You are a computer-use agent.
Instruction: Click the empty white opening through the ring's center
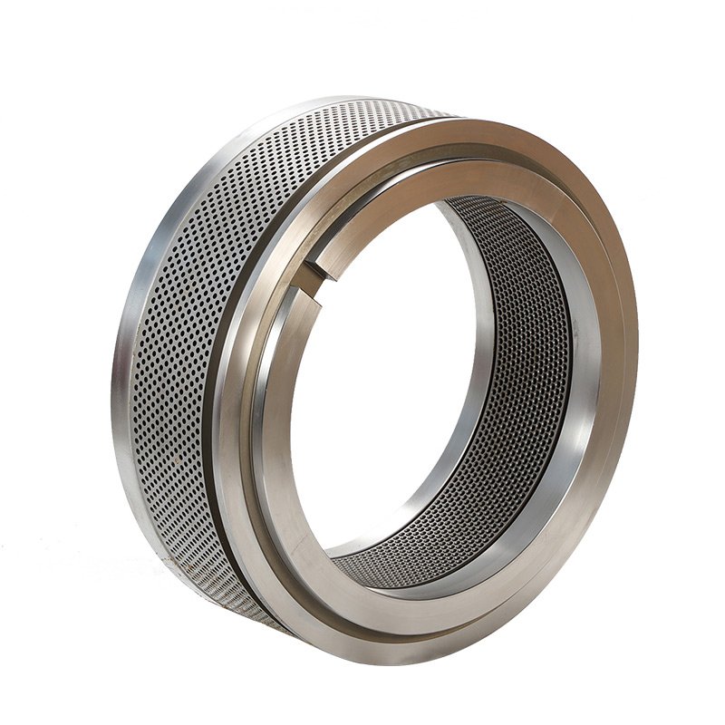pyautogui.click(x=390, y=381)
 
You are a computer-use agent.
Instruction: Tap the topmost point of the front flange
pyautogui.click(x=480, y=118)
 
